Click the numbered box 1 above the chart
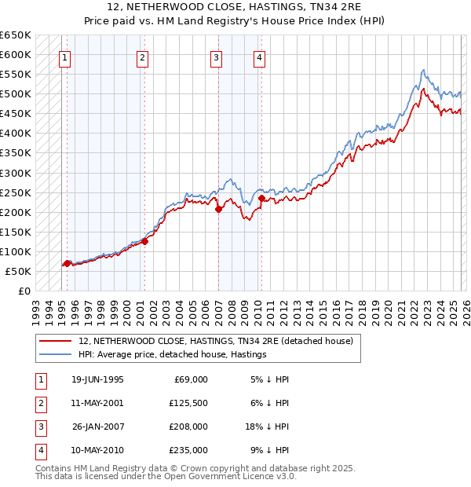coord(64,57)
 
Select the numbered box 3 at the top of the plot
coord(216,57)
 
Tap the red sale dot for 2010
coord(261,198)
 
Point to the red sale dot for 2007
coord(218,209)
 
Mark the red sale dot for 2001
coord(144,241)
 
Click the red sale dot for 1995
coord(68,263)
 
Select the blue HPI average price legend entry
coord(173,354)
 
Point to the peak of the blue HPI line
coord(423,70)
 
